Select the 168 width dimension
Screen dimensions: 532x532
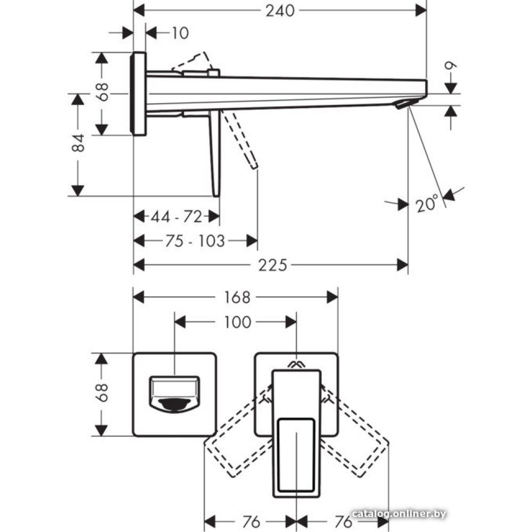pyautogui.click(x=236, y=297)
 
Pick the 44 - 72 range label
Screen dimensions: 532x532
pyautogui.click(x=176, y=217)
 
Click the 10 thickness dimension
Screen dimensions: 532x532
pyautogui.click(x=180, y=33)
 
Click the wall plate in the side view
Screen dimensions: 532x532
pyautogui.click(x=138, y=94)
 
